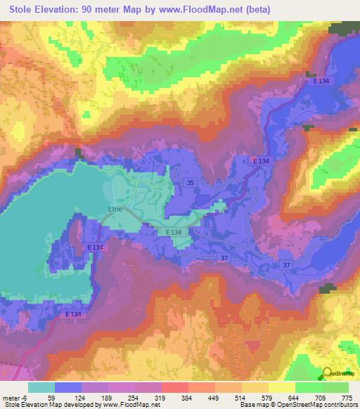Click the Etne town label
[115, 209]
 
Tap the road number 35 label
[191, 183]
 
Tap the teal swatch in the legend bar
[41, 387]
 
